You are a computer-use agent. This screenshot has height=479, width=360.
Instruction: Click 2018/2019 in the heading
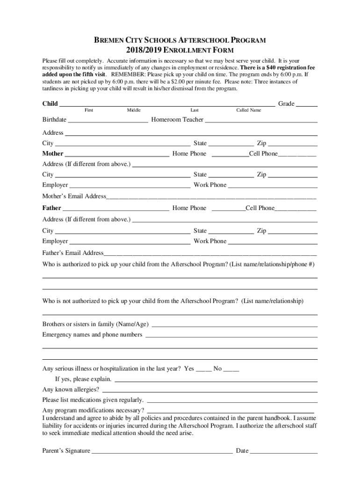point(143,51)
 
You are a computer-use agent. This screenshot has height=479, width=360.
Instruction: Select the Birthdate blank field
point(108,121)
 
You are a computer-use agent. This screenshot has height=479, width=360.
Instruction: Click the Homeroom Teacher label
point(177,120)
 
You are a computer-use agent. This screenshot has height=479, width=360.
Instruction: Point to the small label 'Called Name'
point(248,110)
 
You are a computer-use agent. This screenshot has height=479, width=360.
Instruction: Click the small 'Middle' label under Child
point(134,110)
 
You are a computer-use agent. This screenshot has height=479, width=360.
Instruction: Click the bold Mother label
point(53,153)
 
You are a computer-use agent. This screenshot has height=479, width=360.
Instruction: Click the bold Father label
point(51,208)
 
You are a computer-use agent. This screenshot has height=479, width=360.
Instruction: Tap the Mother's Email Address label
point(74,196)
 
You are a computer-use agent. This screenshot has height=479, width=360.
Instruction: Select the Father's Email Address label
point(72,253)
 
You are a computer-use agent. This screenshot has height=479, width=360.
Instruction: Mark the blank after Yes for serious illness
point(203,370)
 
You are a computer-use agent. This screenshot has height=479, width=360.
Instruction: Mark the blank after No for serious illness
point(231,370)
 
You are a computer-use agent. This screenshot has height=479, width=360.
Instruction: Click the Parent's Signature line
point(162,452)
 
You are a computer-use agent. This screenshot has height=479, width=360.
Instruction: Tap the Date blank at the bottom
point(284,452)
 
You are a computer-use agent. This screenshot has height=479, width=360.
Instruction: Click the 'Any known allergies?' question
point(71,389)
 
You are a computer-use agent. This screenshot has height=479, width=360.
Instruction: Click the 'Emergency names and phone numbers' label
point(92,335)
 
